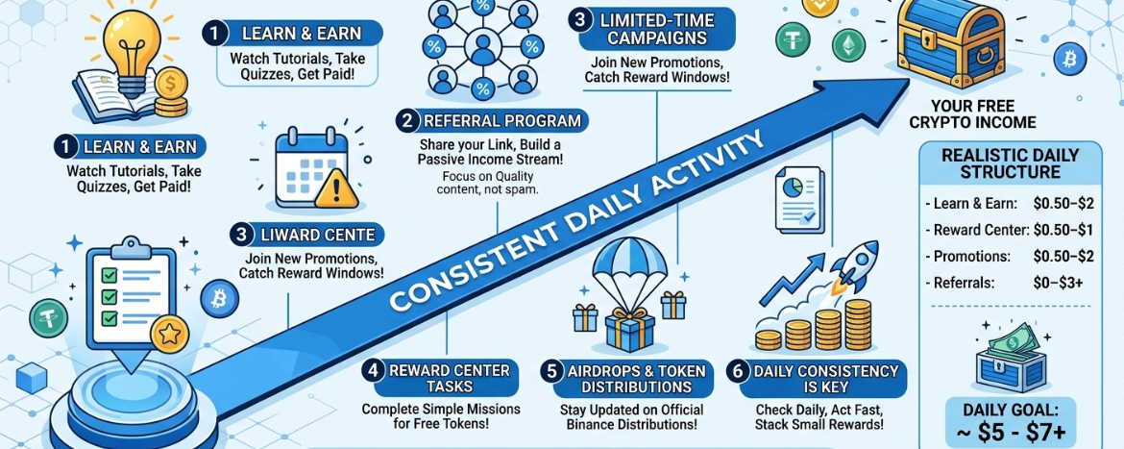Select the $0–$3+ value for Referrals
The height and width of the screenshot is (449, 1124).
pyautogui.click(x=1058, y=284)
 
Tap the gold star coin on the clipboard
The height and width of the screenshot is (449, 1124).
pyautogui.click(x=170, y=333)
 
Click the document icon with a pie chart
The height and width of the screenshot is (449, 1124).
pyautogui.click(x=797, y=197)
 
